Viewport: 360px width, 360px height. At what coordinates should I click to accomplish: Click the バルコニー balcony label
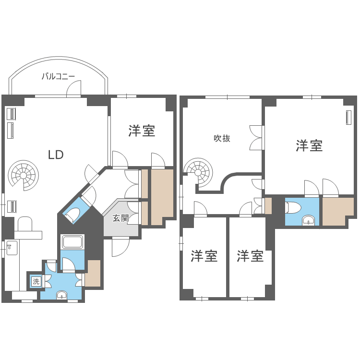click(x=58, y=76)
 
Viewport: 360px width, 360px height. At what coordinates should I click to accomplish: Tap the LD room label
click(x=56, y=155)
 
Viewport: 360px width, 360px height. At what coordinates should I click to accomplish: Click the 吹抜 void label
click(x=222, y=138)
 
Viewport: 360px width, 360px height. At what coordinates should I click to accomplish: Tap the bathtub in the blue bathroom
click(x=73, y=242)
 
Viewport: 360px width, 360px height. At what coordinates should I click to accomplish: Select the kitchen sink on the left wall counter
click(x=12, y=248)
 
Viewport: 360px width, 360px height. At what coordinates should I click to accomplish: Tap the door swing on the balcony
click(x=74, y=88)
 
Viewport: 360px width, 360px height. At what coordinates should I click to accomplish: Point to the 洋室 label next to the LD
click(x=142, y=131)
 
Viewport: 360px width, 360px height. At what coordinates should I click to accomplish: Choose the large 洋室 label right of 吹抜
click(x=309, y=145)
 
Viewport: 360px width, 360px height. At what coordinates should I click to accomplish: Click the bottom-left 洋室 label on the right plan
click(x=204, y=256)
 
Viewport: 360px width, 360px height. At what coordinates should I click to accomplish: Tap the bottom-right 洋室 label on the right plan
click(x=250, y=256)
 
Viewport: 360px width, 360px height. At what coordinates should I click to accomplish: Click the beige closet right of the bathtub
click(x=93, y=273)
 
